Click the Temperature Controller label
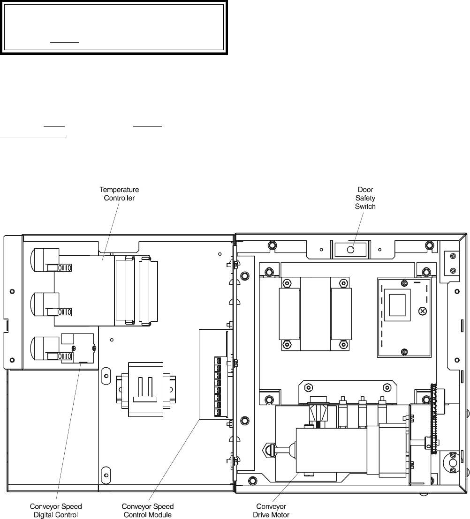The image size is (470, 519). (x=119, y=194)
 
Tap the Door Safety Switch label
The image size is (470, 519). (x=365, y=198)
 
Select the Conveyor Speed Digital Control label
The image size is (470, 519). (x=56, y=511)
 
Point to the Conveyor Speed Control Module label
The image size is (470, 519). (x=147, y=511)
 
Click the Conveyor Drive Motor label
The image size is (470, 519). (x=271, y=511)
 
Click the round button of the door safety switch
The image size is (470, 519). (x=351, y=249)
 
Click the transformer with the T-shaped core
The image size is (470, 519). (x=146, y=389)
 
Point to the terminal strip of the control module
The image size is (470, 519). (x=218, y=386)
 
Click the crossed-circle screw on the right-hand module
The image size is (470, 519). (x=422, y=311)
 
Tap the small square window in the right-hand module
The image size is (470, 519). (x=397, y=305)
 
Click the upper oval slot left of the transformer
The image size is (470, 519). (x=106, y=376)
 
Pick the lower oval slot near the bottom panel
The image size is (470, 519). (x=106, y=475)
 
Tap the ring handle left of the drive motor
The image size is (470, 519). (x=268, y=450)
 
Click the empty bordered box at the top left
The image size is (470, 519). (x=114, y=27)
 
